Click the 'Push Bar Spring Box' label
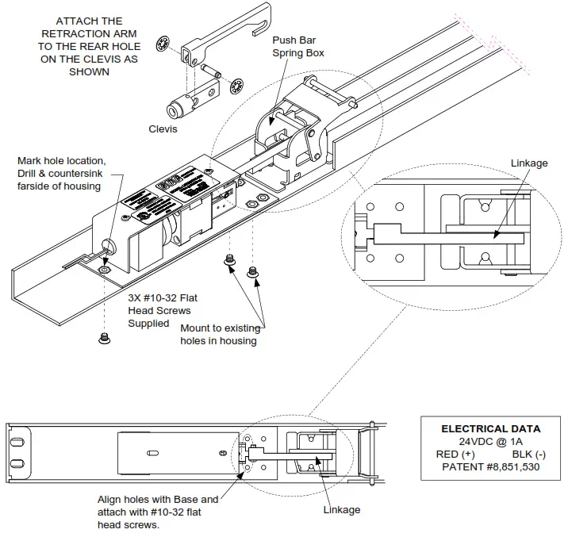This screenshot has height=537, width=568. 298,46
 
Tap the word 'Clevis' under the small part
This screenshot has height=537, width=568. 163,128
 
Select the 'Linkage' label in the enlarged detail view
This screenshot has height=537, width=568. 529,163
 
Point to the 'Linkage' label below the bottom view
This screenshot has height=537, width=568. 342,509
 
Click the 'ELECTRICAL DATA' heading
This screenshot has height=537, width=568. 490,428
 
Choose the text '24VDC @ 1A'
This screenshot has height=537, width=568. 490,441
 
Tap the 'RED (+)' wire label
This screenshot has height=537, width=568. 456,454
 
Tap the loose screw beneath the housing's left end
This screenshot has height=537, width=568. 103,339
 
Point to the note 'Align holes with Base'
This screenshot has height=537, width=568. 157,512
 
